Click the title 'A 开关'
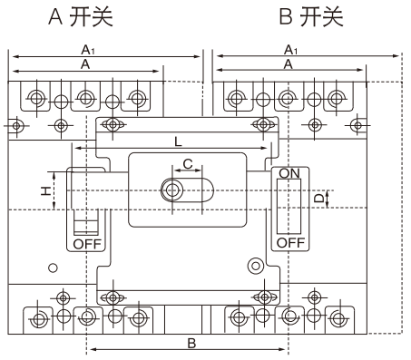click(81, 16)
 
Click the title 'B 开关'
click(311, 16)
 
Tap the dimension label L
click(179, 141)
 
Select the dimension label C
click(188, 164)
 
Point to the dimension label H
click(46, 191)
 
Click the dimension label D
click(318, 199)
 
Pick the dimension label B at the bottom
click(191, 344)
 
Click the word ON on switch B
click(289, 173)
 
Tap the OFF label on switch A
click(87, 244)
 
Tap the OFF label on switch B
click(290, 242)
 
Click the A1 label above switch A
click(88, 50)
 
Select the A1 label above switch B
click(290, 50)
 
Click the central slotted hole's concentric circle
click(172, 190)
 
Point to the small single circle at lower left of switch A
click(53, 268)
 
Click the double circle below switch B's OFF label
click(256, 266)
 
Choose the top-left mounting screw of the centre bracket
click(113, 124)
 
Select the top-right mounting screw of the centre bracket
click(263, 124)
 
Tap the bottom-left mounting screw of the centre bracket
click(113, 298)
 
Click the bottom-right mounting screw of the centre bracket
click(265, 297)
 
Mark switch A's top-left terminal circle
click(36, 98)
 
